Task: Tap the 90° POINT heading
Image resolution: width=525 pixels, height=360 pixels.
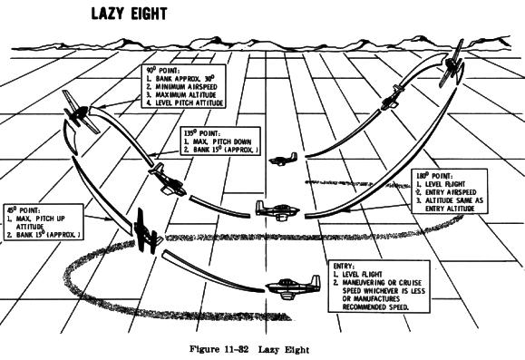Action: coord(164,70)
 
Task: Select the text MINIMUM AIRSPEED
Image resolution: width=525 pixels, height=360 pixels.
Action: coord(189,87)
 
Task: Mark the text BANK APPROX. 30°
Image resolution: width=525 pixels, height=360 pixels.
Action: coord(188,78)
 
